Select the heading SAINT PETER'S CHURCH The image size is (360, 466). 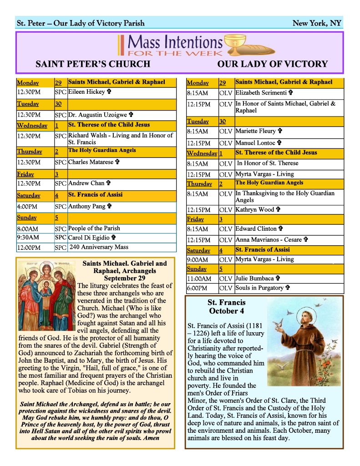coord(93,64)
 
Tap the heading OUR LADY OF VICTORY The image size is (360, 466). coord(272,64)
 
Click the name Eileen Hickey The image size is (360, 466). coord(86,92)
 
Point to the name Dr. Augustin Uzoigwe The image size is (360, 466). coord(97,115)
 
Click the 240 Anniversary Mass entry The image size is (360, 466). coord(99,247)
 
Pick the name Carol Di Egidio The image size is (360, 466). coord(89,238)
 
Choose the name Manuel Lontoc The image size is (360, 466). coord(255,143)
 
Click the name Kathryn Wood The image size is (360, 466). coord(255,210)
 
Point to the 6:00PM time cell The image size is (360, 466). coord(197,289)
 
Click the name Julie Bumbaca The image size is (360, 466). coord(254,278)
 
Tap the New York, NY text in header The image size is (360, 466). coord(317,23)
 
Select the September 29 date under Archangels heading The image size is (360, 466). coord(125,279)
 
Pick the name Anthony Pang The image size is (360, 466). coord(86,207)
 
